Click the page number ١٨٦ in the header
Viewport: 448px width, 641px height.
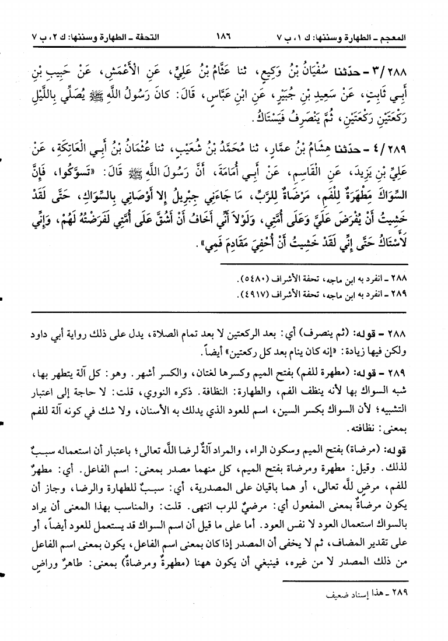(223, 36)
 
